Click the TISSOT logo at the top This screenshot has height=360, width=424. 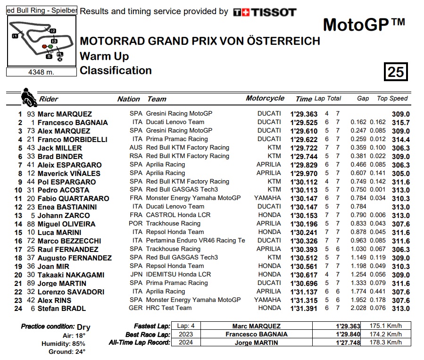[265, 12]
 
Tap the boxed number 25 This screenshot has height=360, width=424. [396, 72]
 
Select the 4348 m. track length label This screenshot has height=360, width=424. [41, 72]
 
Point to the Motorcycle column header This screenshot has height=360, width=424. [265, 98]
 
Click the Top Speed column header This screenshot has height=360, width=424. [392, 98]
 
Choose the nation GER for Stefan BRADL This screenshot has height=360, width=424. [135, 308]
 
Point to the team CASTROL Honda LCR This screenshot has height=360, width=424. [178, 215]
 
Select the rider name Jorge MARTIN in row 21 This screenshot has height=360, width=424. [62, 284]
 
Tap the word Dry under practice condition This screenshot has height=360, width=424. [83, 327]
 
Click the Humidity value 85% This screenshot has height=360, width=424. [78, 343]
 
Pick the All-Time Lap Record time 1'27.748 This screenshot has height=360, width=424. [348, 343]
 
